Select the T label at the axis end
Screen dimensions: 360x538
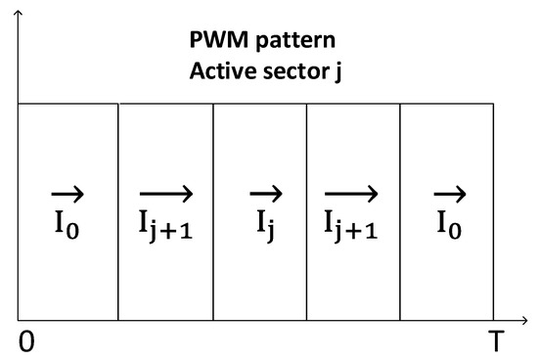point(495,339)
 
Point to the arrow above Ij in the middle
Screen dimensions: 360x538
point(264,194)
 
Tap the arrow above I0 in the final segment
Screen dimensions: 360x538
point(450,194)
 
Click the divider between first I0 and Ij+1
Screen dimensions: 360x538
point(118,210)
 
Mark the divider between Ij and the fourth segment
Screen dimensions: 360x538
point(307,210)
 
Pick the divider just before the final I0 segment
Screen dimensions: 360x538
point(401,210)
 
